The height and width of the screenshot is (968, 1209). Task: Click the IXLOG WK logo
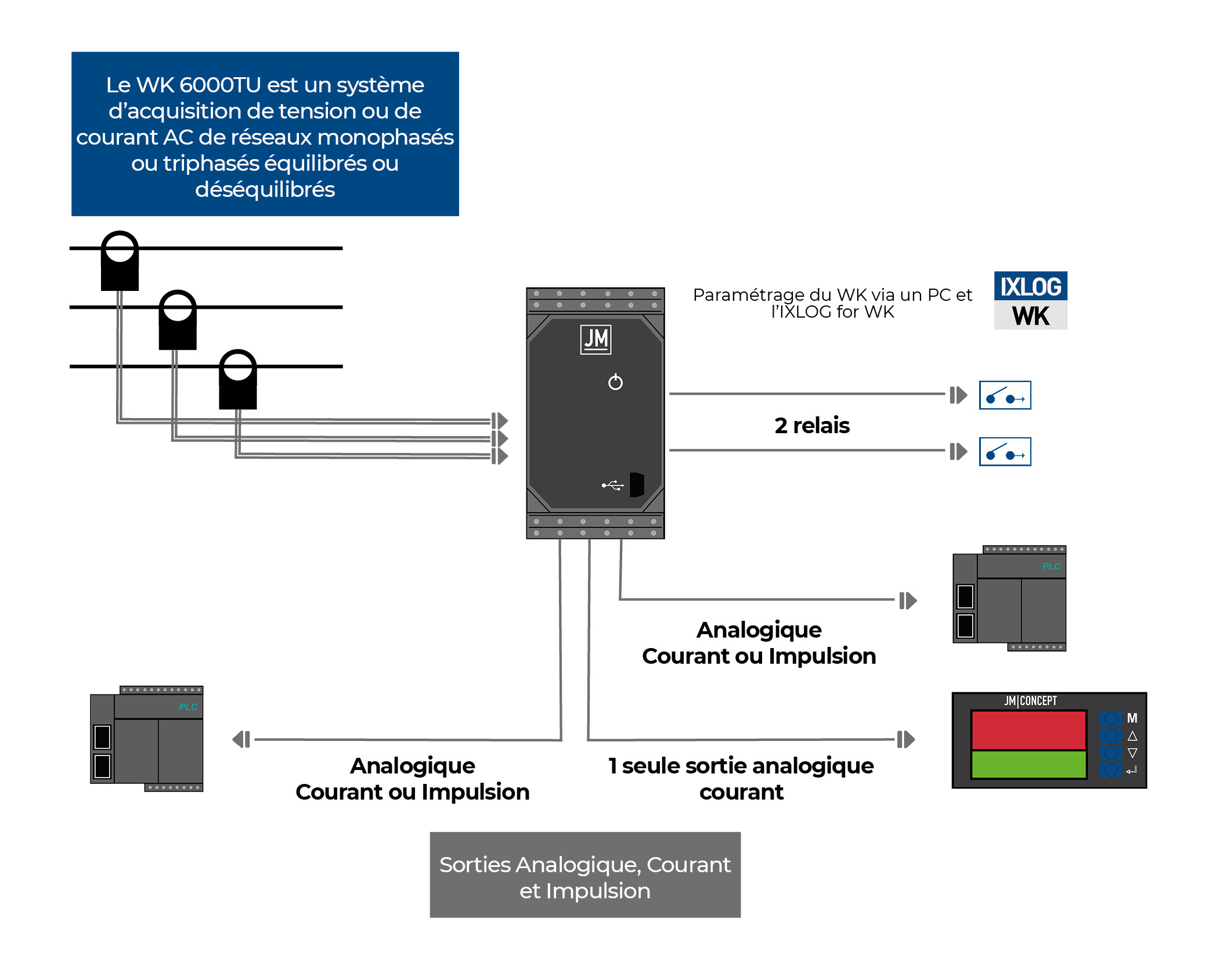(x=1030, y=300)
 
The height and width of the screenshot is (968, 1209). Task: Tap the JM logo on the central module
(x=596, y=339)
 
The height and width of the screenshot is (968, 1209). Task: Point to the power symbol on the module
(x=615, y=382)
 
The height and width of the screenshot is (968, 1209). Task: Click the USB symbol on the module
(x=613, y=485)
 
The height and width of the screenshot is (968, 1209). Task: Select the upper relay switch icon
(x=1005, y=395)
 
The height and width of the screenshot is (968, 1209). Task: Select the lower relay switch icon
(x=1005, y=452)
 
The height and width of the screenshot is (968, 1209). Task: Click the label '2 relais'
(x=811, y=426)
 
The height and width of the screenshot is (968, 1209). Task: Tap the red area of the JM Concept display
(x=1028, y=730)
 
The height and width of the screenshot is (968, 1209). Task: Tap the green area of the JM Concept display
(x=1028, y=764)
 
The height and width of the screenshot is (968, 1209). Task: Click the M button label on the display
(x=1132, y=718)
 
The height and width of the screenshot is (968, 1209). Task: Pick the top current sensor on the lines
(x=120, y=261)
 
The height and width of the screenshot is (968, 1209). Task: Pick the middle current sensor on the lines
(x=178, y=320)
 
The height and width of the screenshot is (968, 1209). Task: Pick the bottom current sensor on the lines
(x=237, y=379)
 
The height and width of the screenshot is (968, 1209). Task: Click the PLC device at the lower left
(x=147, y=739)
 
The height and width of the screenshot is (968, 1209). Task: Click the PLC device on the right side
(x=1009, y=599)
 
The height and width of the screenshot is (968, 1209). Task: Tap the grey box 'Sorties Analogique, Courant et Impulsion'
(x=585, y=875)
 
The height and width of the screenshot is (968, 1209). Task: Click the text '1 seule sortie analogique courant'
(x=741, y=779)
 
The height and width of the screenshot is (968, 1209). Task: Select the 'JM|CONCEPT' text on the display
(x=1030, y=701)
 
